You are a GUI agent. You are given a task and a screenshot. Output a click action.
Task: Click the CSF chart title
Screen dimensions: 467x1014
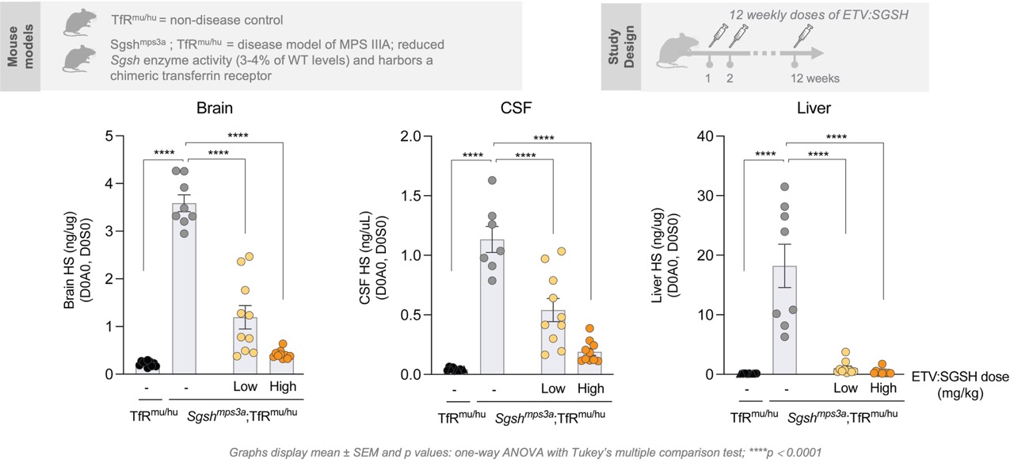click(521, 110)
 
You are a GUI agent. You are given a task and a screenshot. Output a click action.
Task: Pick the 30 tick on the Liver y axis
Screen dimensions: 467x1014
click(707, 196)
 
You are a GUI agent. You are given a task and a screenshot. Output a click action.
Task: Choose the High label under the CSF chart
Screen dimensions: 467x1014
click(590, 389)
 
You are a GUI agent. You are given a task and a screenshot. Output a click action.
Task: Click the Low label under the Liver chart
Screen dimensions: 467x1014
click(846, 388)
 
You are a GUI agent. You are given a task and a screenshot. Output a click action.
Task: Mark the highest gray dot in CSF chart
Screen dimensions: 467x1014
click(492, 181)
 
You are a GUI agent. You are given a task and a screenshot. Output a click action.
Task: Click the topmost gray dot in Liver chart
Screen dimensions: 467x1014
click(785, 187)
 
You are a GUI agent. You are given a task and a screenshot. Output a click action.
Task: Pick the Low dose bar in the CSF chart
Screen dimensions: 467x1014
click(553, 342)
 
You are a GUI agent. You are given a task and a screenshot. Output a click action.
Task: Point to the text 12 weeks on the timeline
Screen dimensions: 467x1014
click(815, 78)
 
